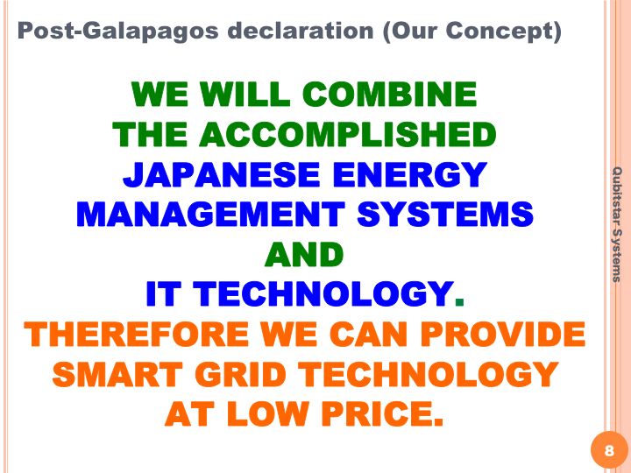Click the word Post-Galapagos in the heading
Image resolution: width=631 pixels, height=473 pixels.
[x=118, y=32]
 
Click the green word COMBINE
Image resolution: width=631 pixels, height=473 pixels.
[x=389, y=94]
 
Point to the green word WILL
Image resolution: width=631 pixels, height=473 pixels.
[x=245, y=94]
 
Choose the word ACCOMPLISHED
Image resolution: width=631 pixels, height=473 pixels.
[x=348, y=134]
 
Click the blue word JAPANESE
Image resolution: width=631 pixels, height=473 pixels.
[x=222, y=174]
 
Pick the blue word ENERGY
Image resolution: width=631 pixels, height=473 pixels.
[x=410, y=174]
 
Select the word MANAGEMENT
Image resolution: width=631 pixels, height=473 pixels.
[x=211, y=214]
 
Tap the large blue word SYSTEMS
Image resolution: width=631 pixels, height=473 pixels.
[x=445, y=214]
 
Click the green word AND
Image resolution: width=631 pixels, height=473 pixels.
[x=304, y=254]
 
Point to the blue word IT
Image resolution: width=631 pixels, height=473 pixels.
[x=163, y=294]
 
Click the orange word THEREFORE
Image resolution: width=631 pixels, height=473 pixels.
[x=136, y=335]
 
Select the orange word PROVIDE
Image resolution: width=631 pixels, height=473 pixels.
[x=503, y=335]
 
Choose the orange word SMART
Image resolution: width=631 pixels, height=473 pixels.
[x=117, y=374]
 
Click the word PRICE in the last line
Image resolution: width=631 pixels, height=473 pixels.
[x=382, y=413]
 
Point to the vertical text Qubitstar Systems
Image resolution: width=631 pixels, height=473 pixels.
[x=617, y=224]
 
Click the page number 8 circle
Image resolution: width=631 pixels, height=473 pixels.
[x=609, y=450]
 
